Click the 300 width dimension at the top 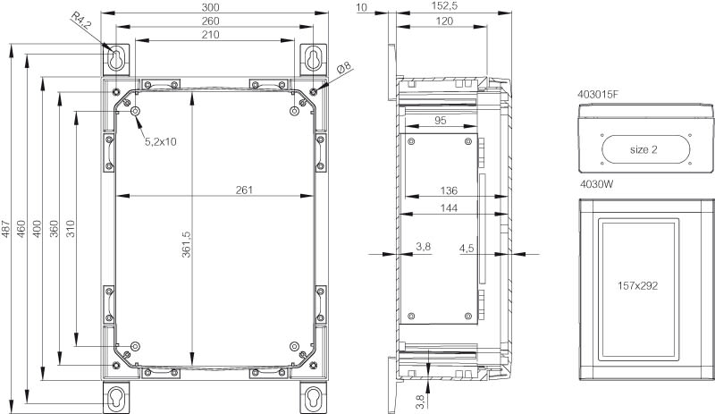point(210,7)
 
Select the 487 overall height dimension point(5,229)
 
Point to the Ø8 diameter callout point(344,68)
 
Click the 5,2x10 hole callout point(161,142)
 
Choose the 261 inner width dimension point(244,190)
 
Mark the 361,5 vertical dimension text point(187,244)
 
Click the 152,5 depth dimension point(444,6)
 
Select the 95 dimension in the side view point(440,121)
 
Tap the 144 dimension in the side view point(449,208)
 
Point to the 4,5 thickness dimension point(467,249)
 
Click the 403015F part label point(598,95)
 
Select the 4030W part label point(596,184)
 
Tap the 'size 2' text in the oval point(643,149)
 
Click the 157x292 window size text point(637,286)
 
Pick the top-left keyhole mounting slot point(117,58)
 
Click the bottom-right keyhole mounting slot point(314,396)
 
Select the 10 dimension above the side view point(362,6)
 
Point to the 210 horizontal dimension point(210,35)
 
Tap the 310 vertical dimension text point(71,229)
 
